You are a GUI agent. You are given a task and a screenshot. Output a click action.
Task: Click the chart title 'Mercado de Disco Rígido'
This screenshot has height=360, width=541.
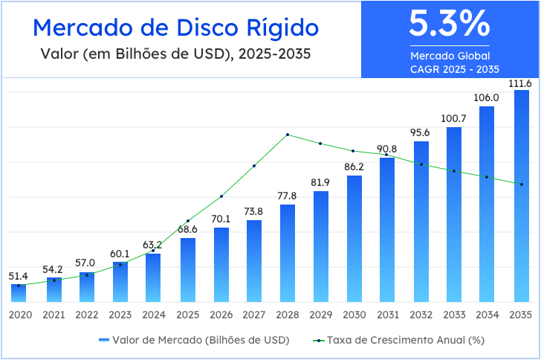176,28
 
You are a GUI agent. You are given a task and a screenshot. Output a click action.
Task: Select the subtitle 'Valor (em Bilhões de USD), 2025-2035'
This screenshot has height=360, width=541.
176,54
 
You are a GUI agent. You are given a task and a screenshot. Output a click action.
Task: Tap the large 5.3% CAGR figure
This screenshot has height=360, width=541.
450,25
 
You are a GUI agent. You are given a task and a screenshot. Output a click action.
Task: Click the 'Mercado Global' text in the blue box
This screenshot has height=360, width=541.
450,56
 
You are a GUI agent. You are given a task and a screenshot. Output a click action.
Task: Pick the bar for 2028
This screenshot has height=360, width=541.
288,253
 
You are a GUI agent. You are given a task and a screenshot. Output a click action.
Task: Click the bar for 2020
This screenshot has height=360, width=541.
19,293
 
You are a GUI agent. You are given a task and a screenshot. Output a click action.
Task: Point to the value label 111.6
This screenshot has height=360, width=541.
519,83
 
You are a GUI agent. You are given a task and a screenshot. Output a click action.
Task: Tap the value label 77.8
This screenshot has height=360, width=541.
287,196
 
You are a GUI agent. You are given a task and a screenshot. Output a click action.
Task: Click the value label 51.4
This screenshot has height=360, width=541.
19,276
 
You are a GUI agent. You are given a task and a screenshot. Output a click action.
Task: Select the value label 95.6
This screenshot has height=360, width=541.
421,132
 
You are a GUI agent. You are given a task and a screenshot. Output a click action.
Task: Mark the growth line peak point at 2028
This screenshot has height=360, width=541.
288,135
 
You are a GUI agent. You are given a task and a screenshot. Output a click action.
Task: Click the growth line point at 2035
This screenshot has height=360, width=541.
522,184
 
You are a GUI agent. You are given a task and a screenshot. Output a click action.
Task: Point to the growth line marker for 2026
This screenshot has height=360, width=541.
221,196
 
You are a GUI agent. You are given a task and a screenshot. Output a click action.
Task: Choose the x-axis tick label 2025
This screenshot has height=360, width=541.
187,315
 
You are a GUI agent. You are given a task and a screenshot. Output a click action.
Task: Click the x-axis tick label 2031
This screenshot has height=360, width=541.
387,315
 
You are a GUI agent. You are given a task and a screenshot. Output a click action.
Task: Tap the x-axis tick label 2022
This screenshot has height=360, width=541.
87,315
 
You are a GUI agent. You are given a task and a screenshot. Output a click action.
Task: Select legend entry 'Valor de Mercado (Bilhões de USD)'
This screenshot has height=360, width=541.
194,339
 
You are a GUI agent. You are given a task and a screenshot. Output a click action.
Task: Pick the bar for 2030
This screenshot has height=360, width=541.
354,238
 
